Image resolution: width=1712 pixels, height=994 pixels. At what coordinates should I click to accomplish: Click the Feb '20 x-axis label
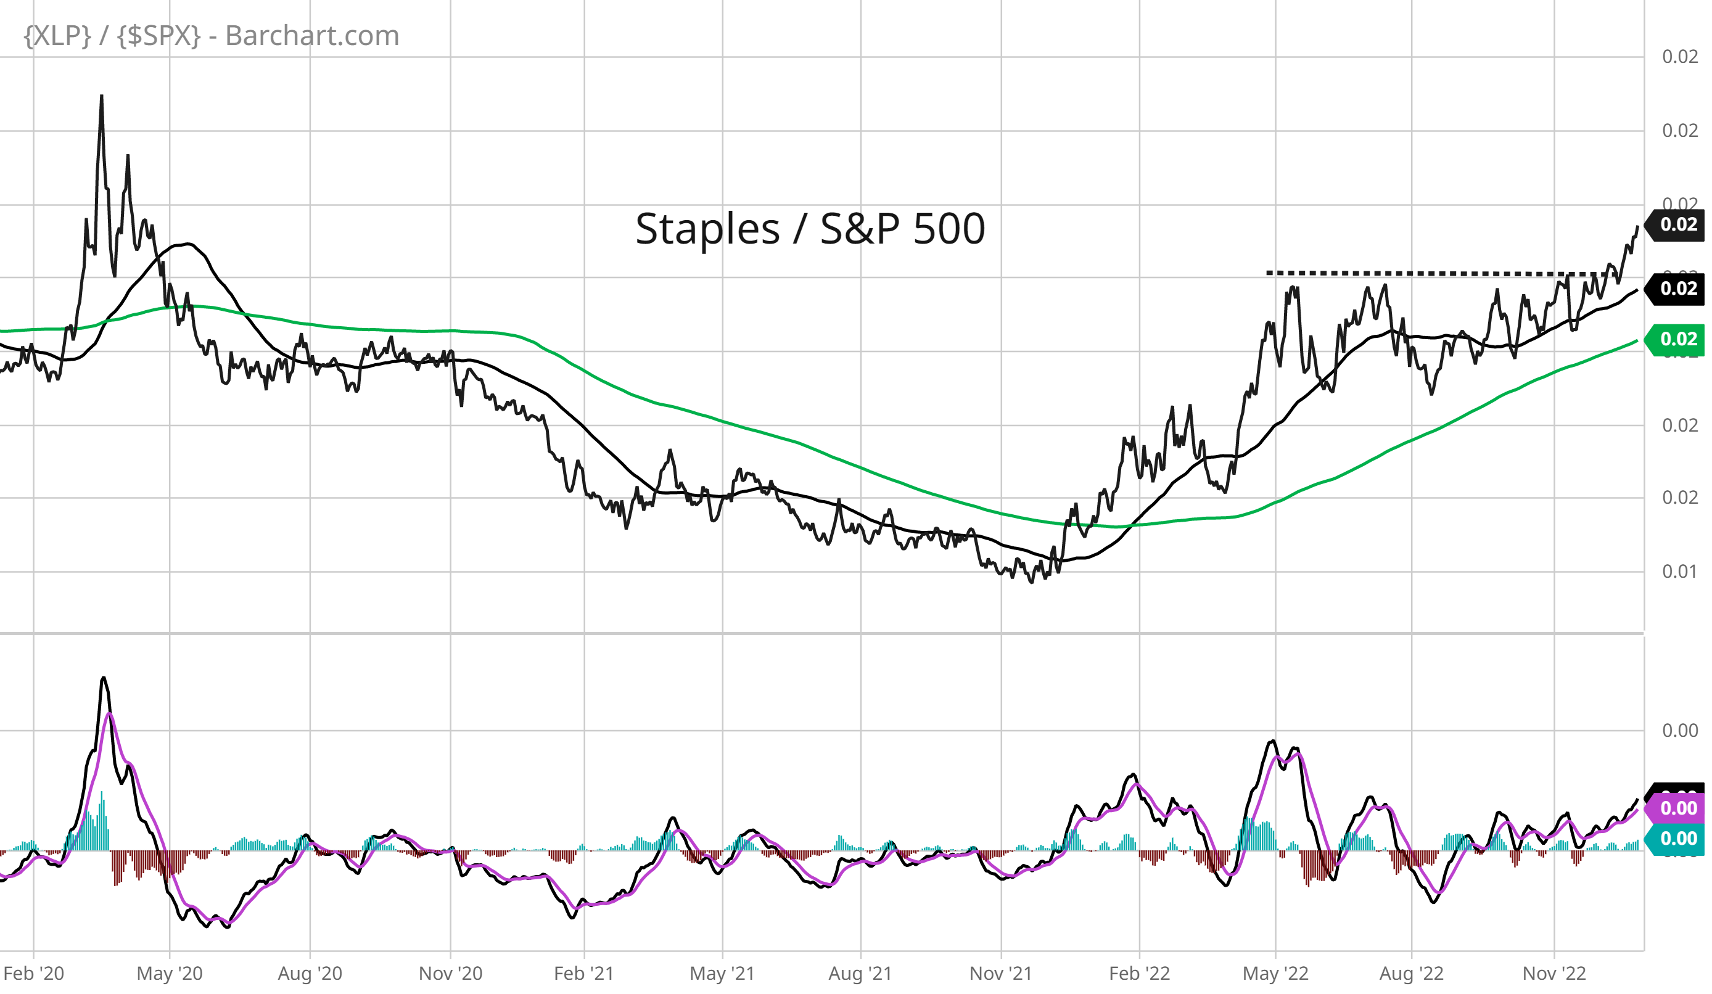pos(33,973)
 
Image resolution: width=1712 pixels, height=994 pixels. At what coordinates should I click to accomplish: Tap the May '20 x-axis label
pos(169,973)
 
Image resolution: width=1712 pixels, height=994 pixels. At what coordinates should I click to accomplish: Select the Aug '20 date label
pos(310,973)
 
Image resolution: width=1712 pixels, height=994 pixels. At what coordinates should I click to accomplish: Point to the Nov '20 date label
pos(450,973)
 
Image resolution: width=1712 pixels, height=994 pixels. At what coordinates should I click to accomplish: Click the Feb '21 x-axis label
pos(583,973)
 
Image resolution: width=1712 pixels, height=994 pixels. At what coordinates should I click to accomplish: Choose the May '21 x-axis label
pos(722,973)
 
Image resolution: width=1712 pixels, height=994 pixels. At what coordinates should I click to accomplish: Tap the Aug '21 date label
pos(860,973)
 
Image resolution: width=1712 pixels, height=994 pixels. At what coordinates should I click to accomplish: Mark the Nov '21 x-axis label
pos(1001,973)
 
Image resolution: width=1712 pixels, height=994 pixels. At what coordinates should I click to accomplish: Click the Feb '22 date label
pos(1139,973)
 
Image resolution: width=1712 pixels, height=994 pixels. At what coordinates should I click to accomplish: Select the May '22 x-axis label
pos(1275,973)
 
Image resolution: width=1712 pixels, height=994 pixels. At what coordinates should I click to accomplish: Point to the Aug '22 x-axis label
pos(1411,973)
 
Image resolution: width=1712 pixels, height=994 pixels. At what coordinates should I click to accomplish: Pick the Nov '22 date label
pos(1554,973)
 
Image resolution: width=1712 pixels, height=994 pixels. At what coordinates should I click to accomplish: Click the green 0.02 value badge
pos(1677,339)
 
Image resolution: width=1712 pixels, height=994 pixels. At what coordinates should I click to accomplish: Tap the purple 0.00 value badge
pos(1677,808)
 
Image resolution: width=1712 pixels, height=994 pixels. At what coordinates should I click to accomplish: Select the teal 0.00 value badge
pos(1677,839)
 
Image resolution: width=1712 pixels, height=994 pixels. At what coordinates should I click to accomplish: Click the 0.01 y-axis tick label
pos(1679,572)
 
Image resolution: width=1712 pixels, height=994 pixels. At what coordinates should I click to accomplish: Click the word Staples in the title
pos(707,229)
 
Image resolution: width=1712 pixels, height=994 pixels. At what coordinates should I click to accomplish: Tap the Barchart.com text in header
pos(312,35)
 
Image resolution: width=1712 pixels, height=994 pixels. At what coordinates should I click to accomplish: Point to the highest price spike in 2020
pos(102,96)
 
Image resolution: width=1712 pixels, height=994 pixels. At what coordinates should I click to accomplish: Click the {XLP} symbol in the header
pos(57,35)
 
